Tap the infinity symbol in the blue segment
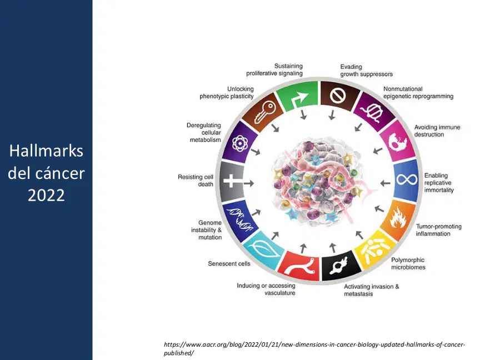pyautogui.click(x=407, y=179)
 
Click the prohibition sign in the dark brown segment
pyautogui.click(x=338, y=96)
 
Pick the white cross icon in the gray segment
pyautogui.click(x=232, y=181)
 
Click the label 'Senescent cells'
pyautogui.click(x=229, y=263)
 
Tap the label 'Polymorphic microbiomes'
pyautogui.click(x=408, y=263)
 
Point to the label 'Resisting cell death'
pyautogui.click(x=196, y=181)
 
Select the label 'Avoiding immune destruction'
pyautogui.click(x=437, y=131)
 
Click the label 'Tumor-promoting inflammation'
pyautogui.click(x=438, y=230)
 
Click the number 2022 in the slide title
pyautogui.click(x=46, y=196)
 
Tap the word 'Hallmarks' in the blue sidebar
pyautogui.click(x=46, y=151)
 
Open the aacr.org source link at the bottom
pyautogui.click(x=314, y=349)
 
